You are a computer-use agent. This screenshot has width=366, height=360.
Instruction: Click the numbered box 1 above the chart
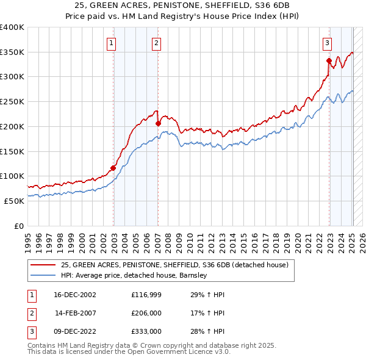click(x=112, y=43)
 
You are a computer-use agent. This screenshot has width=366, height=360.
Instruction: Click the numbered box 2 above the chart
click(x=157, y=43)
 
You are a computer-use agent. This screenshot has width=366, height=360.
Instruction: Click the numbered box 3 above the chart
click(x=328, y=43)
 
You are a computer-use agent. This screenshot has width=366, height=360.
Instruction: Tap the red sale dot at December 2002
click(x=113, y=168)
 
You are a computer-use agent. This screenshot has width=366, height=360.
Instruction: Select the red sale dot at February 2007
click(x=158, y=123)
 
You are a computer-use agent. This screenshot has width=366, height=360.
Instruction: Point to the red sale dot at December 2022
click(x=329, y=60)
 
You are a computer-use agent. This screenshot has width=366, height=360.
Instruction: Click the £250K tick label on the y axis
click(x=12, y=102)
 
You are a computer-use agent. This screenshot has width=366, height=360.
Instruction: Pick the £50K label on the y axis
click(x=14, y=201)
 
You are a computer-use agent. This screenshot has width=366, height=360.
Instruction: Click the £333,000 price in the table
click(x=146, y=331)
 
